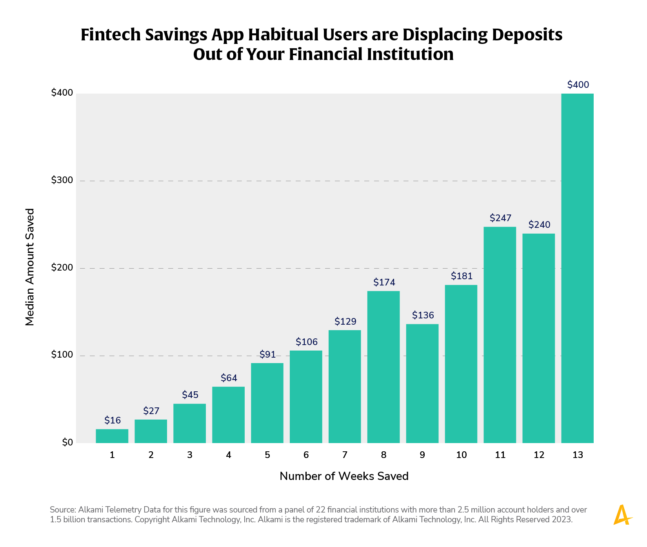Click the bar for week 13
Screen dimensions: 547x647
pyautogui.click(x=577, y=268)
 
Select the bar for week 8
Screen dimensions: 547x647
pyautogui.click(x=383, y=367)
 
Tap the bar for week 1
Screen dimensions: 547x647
pyautogui.click(x=112, y=436)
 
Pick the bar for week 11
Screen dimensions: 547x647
pyautogui.click(x=500, y=335)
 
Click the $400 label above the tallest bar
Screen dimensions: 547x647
pyautogui.click(x=578, y=85)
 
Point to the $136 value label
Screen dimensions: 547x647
pyautogui.click(x=423, y=315)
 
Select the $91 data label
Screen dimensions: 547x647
pyautogui.click(x=267, y=355)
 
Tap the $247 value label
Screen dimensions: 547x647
pyautogui.click(x=500, y=218)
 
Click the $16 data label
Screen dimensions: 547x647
pyautogui.click(x=113, y=421)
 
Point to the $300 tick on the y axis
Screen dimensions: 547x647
pyautogui.click(x=62, y=180)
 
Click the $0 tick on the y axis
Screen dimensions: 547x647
pyautogui.click(x=67, y=443)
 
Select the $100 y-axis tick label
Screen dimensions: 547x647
pyautogui.click(x=62, y=355)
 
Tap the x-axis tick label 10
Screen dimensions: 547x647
pyautogui.click(x=462, y=455)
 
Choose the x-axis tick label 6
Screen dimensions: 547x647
pyautogui.click(x=306, y=455)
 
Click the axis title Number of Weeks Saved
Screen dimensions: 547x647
pyautogui.click(x=344, y=476)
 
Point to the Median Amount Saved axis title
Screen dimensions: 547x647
pyautogui.click(x=30, y=267)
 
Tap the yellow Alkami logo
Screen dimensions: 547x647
pyautogui.click(x=622, y=515)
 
